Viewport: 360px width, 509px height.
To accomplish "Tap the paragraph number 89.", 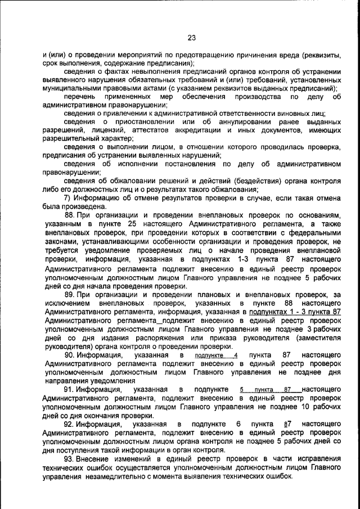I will coord(69,295).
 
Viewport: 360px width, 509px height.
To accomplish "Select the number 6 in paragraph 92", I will coord(238,424).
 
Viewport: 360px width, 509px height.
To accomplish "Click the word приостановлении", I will coord(138,121).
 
